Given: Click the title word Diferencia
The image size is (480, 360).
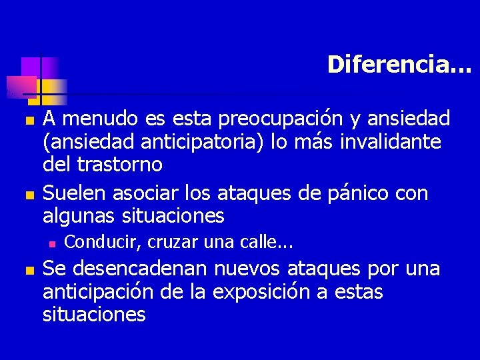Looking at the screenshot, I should point(399,65).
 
